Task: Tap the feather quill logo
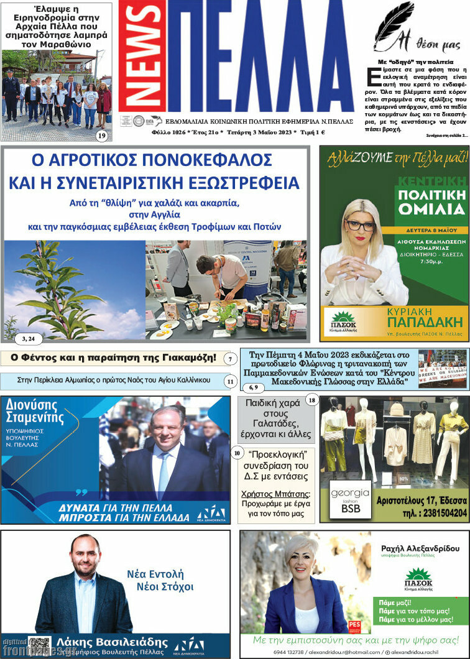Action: coord(394,25)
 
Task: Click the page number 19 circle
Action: coord(102,136)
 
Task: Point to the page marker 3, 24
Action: coord(28,338)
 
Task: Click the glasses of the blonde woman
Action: coord(361,226)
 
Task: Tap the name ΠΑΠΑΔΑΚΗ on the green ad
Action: coord(425,322)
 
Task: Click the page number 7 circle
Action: coord(230,359)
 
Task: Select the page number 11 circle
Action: coord(230,380)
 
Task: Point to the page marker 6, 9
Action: coord(253,388)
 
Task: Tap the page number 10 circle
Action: coord(237,453)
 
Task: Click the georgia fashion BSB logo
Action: coord(350,500)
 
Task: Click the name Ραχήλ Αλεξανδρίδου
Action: coord(420,548)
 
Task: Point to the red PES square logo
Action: coord(354,625)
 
